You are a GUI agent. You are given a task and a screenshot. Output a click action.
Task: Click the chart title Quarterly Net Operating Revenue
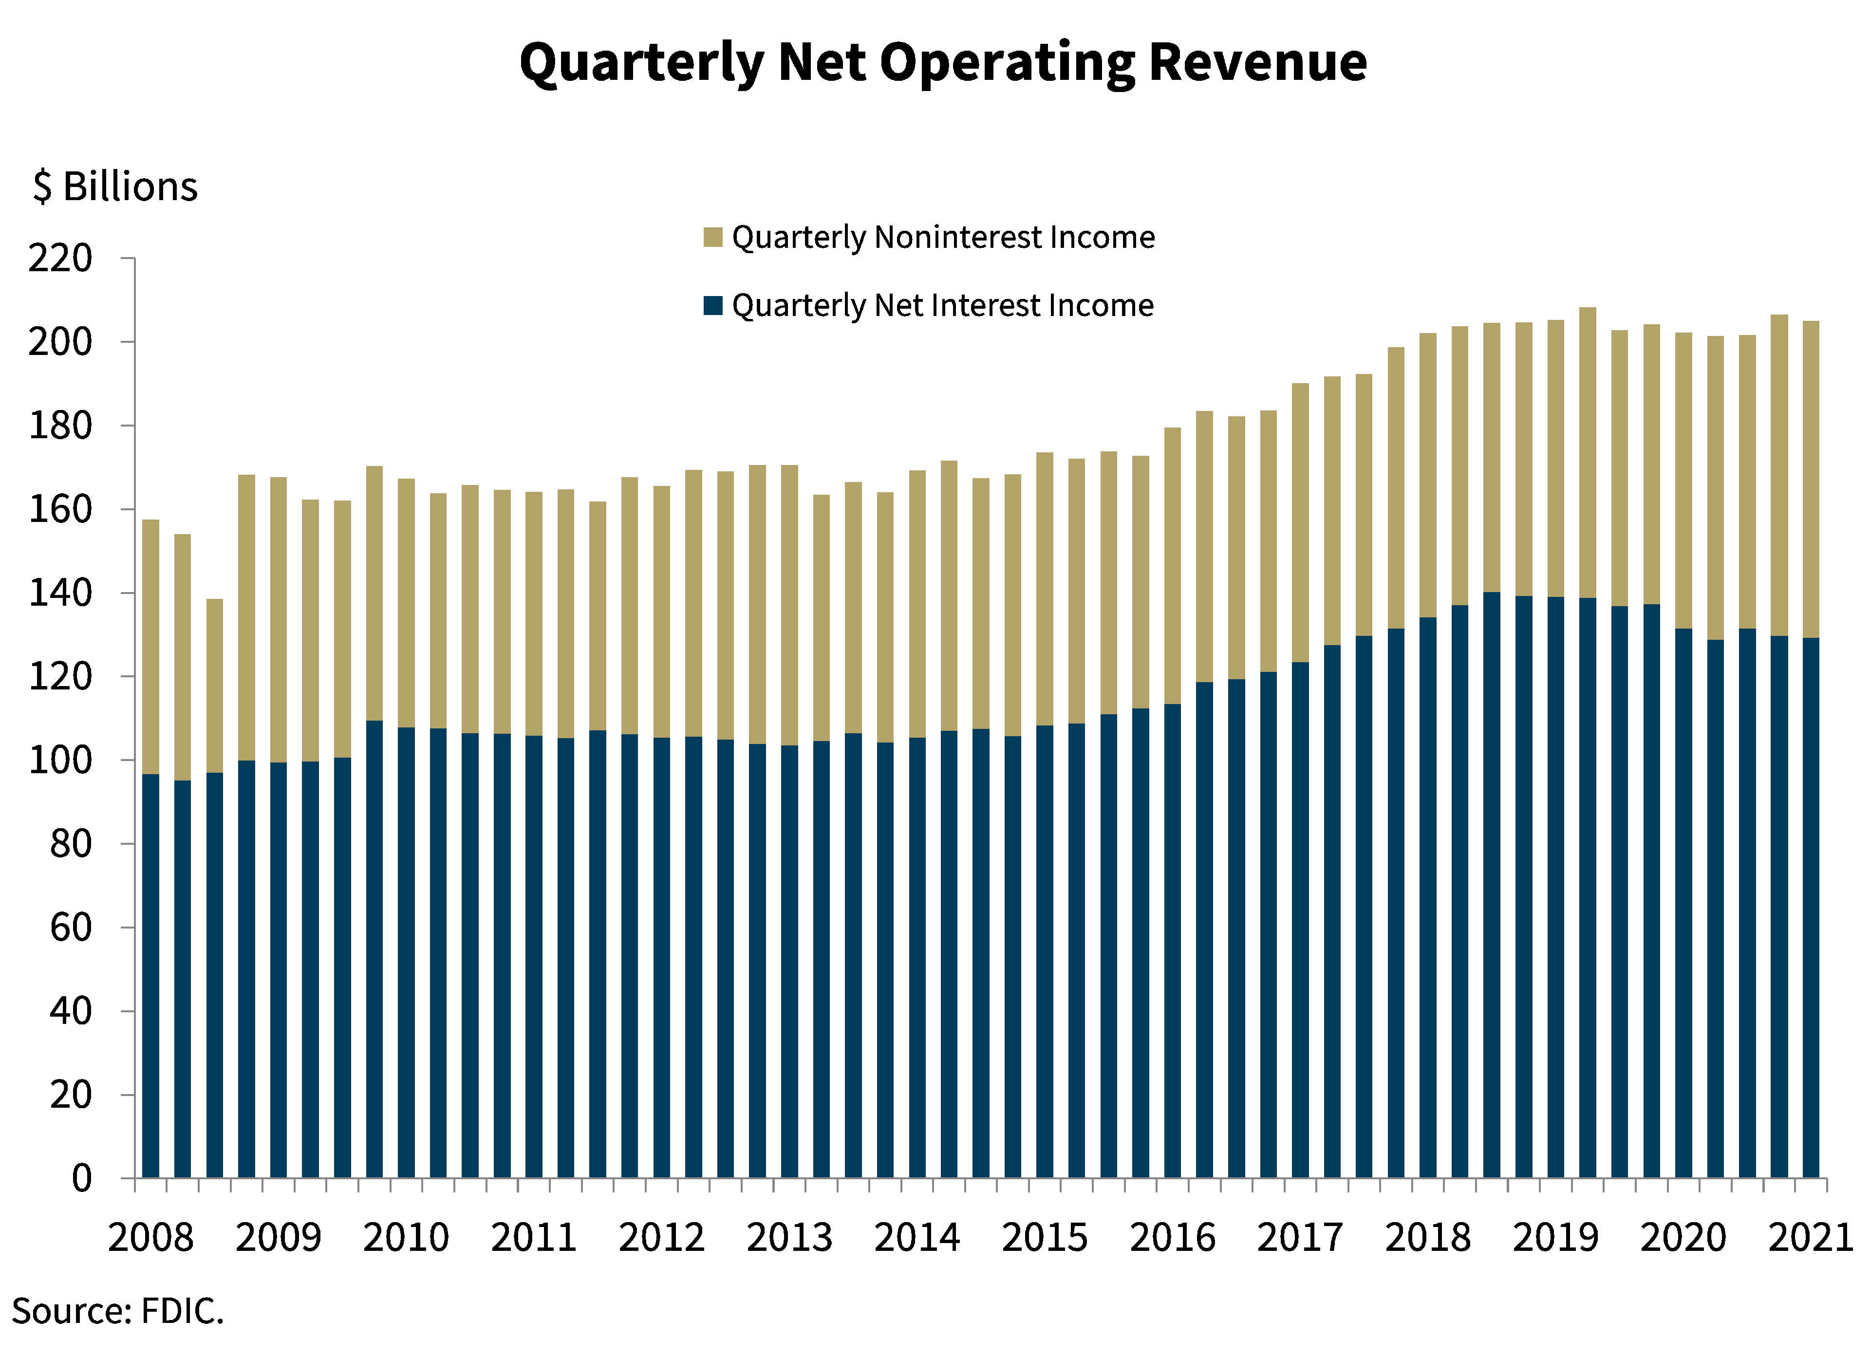(x=942, y=63)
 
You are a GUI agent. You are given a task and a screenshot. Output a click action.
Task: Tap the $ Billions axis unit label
(x=115, y=186)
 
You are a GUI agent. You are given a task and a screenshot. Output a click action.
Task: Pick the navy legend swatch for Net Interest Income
(x=712, y=305)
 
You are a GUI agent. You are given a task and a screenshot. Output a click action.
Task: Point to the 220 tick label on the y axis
(x=60, y=259)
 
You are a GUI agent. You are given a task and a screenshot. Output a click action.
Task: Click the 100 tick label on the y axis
(x=60, y=760)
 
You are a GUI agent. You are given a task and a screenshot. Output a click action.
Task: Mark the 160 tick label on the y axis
(x=60, y=509)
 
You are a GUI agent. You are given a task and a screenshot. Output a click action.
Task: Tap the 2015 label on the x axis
(x=1045, y=1237)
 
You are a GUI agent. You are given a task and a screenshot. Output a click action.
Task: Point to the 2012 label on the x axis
(x=661, y=1237)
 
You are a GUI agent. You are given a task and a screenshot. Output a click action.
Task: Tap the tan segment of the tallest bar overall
(x=1587, y=453)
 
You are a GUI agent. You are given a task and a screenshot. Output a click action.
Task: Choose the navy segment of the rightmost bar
(x=1811, y=907)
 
